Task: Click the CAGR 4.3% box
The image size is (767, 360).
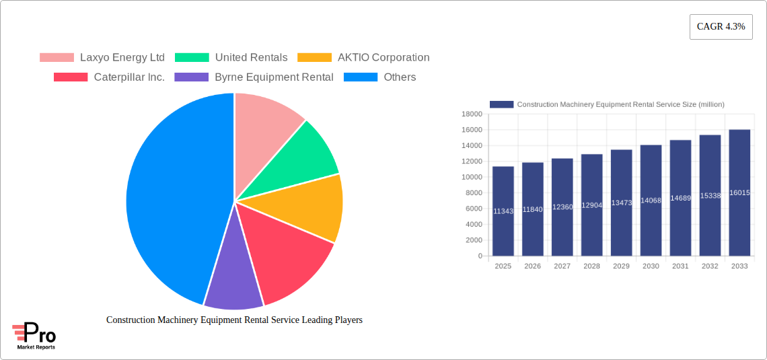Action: coord(721,27)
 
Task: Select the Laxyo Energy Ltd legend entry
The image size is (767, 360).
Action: coord(102,58)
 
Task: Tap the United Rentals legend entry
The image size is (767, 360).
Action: coord(231,58)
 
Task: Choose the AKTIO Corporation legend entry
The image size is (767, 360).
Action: coord(363,58)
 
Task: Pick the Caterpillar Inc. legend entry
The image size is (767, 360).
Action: coord(109,77)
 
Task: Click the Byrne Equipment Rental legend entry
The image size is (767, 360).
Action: coord(254,77)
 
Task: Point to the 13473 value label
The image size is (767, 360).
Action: coord(622,203)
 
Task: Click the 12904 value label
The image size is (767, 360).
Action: coord(592,205)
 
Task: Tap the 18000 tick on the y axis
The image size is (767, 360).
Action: coord(472,114)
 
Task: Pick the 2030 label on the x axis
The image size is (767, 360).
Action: coord(651,266)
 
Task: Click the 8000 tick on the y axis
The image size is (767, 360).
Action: coord(474,193)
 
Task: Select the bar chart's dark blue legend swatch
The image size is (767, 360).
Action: coord(501,104)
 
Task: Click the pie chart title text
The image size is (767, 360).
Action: coord(234,320)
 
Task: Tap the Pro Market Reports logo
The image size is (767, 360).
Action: coord(34,336)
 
